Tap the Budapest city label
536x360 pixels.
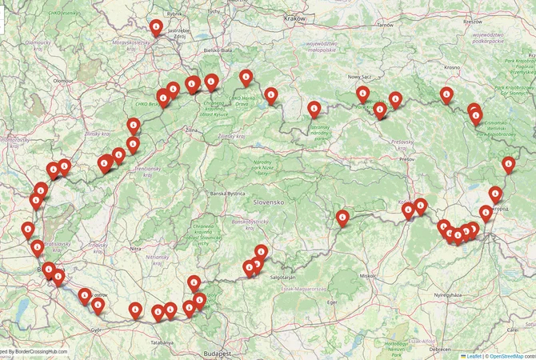click(x=217, y=353)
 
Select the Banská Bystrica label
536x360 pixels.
click(x=226, y=194)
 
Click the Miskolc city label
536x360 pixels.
click(x=369, y=274)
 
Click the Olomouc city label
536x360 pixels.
click(x=63, y=81)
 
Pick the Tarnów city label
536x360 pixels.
click(x=386, y=25)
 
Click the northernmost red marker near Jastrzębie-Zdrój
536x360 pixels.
click(x=157, y=28)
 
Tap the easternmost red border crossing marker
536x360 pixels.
click(x=508, y=164)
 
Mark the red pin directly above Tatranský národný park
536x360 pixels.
click(x=314, y=108)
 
